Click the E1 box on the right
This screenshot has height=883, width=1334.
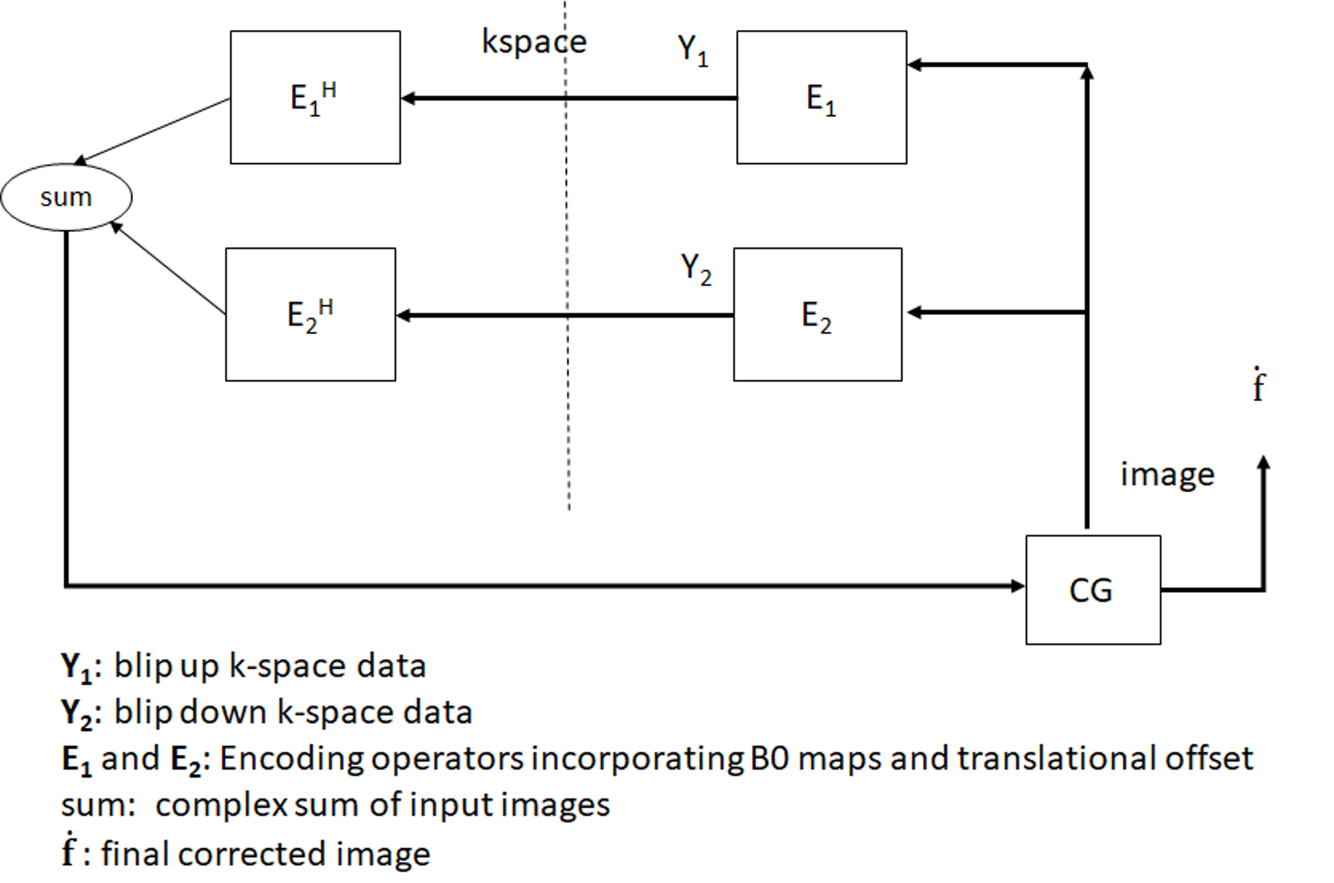click(821, 97)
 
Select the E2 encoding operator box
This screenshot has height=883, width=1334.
click(817, 314)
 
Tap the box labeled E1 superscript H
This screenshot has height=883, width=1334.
click(315, 97)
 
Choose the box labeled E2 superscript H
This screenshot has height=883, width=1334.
click(310, 314)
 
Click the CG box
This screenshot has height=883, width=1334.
click(1093, 590)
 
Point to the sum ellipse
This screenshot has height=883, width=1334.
click(66, 197)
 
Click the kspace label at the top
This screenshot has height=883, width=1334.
click(534, 42)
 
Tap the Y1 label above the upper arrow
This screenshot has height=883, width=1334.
click(692, 51)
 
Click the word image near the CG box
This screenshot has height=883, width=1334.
click(1167, 475)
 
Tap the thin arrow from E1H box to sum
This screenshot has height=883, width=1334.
click(152, 131)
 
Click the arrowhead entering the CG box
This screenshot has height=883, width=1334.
click(1017, 586)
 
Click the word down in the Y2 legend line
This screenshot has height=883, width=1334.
click(223, 712)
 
